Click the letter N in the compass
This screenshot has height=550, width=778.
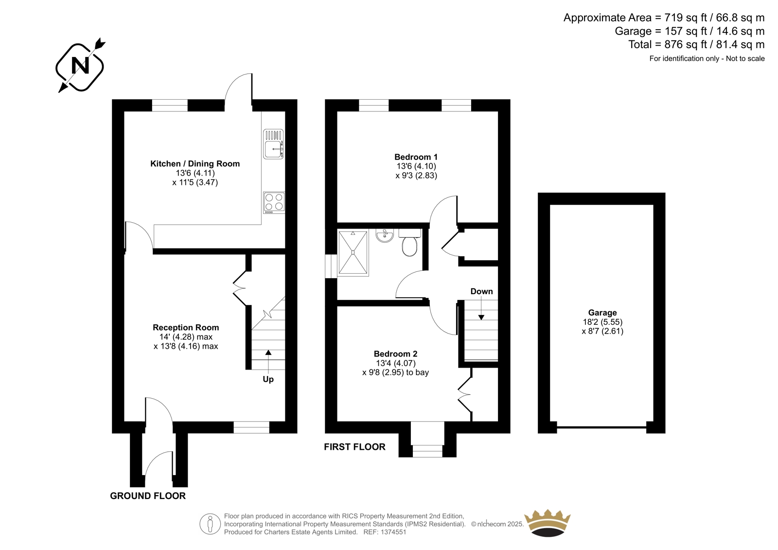click(80, 65)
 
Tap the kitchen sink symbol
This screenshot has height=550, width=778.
click(273, 144)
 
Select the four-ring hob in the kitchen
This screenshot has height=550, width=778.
click(274, 202)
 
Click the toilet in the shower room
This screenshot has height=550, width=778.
click(410, 242)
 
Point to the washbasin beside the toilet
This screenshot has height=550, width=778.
click(385, 235)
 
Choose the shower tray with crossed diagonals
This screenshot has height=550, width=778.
click(353, 253)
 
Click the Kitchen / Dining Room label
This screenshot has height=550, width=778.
click(195, 164)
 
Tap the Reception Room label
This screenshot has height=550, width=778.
click(186, 327)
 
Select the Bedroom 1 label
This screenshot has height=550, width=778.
click(416, 157)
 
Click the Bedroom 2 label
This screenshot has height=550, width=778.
click(396, 354)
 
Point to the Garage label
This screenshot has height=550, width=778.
click(602, 313)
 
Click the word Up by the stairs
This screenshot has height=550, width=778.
click(268, 379)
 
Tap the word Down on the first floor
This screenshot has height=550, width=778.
click(481, 291)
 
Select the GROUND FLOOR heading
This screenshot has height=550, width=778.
click(148, 496)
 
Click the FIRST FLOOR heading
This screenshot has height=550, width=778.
click(354, 447)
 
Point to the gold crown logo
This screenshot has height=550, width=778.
click(548, 523)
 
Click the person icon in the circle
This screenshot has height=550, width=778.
click(210, 524)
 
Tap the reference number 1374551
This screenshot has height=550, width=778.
click(393, 532)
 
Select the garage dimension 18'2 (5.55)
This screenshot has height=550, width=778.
click(602, 322)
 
